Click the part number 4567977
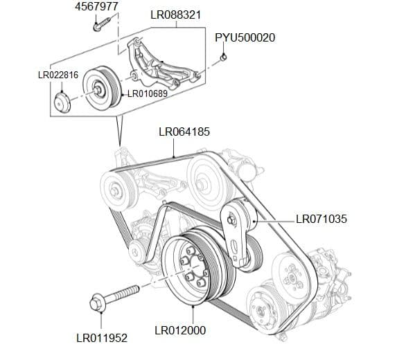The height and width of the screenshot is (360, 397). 96,6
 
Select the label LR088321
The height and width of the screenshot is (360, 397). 176,15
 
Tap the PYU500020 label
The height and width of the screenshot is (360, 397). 245,37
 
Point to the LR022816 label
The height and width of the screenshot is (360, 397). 58,75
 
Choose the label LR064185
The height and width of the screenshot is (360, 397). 184,131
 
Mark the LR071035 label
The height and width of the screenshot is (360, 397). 321,219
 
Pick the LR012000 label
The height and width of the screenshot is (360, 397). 180,330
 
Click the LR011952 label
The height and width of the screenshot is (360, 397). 101,339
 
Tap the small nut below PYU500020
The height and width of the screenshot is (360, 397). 224,57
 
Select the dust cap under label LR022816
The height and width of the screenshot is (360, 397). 63,105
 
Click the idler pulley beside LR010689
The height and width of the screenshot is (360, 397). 101,89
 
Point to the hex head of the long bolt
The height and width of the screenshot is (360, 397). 98,303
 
